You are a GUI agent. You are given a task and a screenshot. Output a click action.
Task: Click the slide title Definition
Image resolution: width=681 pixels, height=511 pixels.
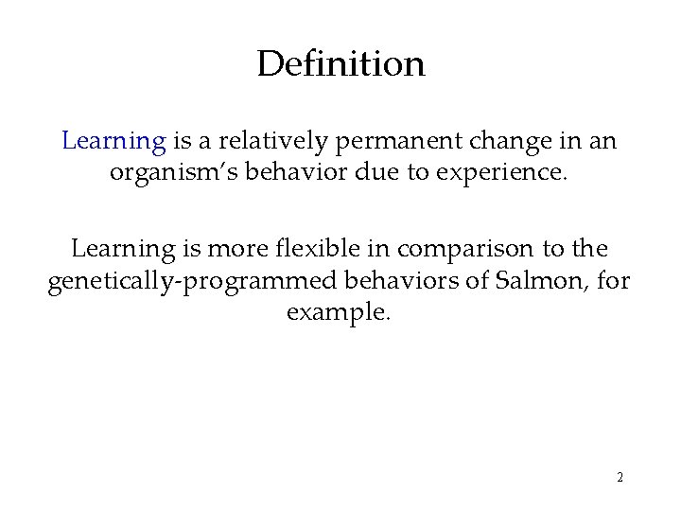click(340, 65)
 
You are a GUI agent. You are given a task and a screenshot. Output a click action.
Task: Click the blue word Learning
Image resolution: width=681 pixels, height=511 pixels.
click(113, 142)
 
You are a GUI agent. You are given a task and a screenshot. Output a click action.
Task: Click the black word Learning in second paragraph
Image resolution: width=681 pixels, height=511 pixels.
click(123, 250)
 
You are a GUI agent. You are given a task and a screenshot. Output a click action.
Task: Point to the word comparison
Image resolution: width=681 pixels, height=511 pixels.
click(447, 250)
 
